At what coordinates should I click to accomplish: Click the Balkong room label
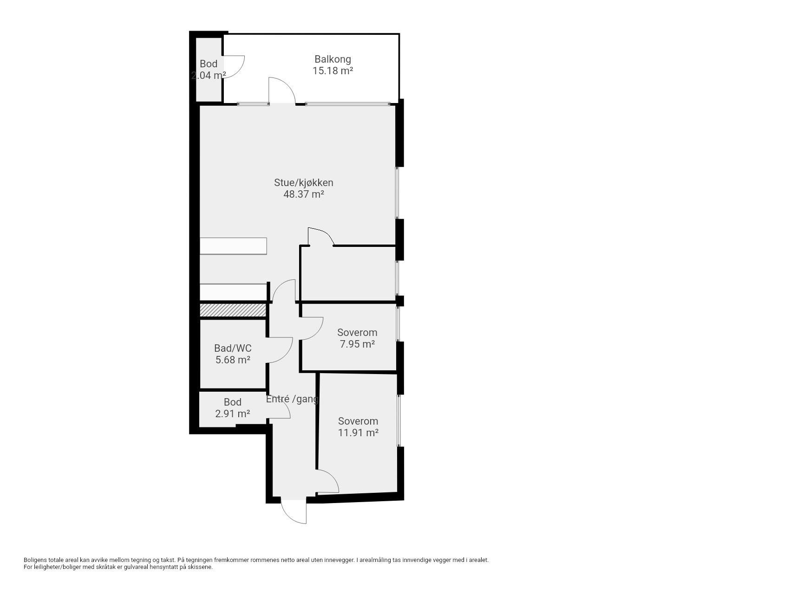pyautogui.click(x=333, y=59)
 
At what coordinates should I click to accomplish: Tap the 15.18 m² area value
pyautogui.click(x=333, y=71)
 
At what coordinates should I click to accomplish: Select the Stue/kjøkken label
pyautogui.click(x=304, y=182)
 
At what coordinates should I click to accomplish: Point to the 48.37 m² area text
pyautogui.click(x=304, y=194)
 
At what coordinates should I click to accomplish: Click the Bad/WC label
pyautogui.click(x=233, y=348)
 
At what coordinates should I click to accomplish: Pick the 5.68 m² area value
pyautogui.click(x=233, y=360)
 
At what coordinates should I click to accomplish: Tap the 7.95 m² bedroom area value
pyautogui.click(x=357, y=344)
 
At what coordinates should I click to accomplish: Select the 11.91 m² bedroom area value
pyautogui.click(x=358, y=433)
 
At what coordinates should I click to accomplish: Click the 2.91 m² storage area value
pyautogui.click(x=233, y=413)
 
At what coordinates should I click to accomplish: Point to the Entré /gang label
pyautogui.click(x=292, y=399)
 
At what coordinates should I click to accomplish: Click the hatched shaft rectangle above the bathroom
pyautogui.click(x=233, y=310)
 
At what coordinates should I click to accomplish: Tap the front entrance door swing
pyautogui.click(x=294, y=511)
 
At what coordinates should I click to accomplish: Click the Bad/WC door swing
pyautogui.click(x=280, y=350)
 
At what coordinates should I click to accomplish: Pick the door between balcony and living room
pyautogui.click(x=282, y=90)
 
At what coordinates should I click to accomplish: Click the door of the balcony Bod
pyautogui.click(x=234, y=67)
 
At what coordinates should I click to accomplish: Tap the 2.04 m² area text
pyautogui.click(x=209, y=75)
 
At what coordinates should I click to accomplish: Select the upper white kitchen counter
pyautogui.click(x=233, y=246)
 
